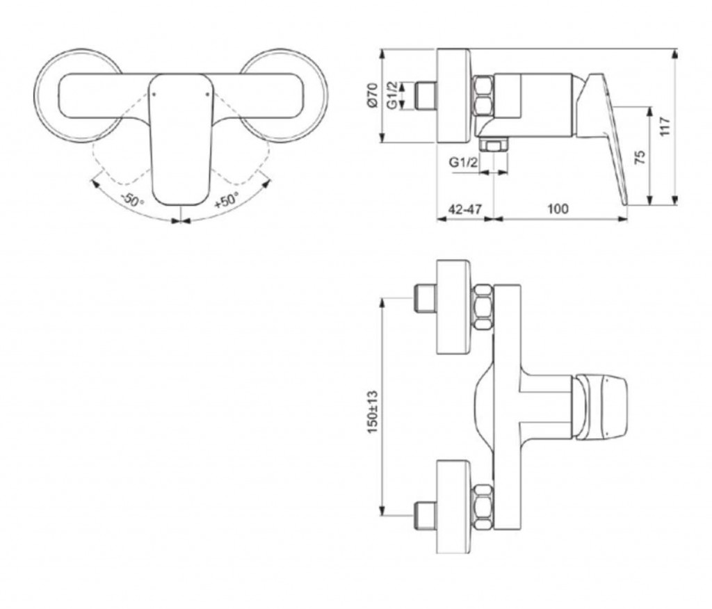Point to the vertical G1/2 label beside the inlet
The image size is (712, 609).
pos(392,95)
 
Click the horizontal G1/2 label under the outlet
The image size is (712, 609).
pos(463,163)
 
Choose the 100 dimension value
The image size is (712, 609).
pos(557,209)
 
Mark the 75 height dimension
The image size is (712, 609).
pos(640,156)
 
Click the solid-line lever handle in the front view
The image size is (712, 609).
pos(180,139)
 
